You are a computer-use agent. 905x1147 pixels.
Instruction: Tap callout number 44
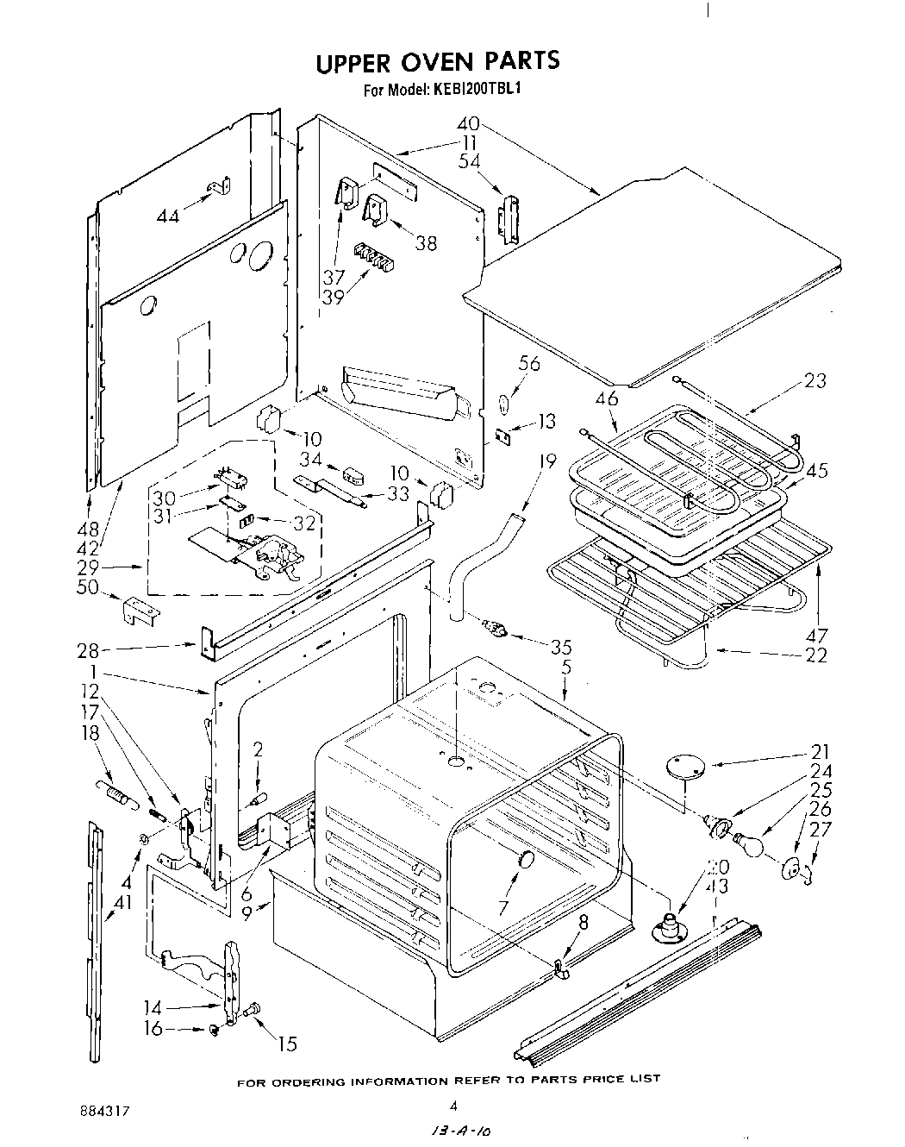coord(168,216)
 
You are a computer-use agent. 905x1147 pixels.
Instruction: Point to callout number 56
coord(528,364)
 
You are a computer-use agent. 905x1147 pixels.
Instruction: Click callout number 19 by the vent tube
coord(546,461)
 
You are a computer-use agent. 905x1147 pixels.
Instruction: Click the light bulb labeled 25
coord(748,845)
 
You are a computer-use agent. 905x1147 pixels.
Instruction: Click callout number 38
coord(425,243)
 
